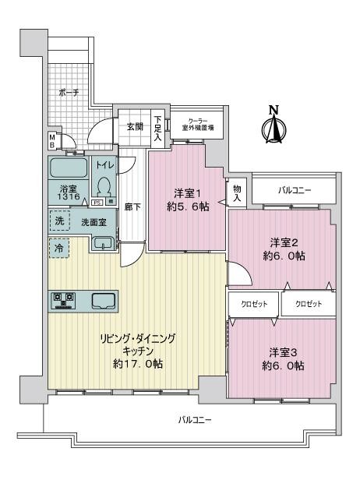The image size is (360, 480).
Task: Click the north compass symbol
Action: point(274,127)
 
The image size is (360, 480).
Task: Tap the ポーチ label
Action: point(69,92)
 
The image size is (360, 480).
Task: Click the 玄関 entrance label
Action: point(135,126)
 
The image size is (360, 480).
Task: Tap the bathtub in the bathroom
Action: point(70,169)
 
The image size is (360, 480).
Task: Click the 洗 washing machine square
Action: point(60,221)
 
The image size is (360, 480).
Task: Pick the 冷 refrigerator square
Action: point(59,247)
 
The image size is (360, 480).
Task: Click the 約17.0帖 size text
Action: point(137,364)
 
